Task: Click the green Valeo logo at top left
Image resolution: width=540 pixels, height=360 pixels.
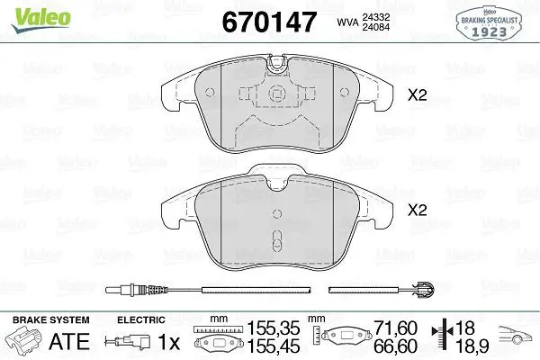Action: (40, 20)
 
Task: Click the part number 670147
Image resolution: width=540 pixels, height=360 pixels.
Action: (269, 22)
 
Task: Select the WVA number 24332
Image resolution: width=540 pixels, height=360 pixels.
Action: (375, 17)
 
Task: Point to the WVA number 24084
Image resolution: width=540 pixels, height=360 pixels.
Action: (375, 27)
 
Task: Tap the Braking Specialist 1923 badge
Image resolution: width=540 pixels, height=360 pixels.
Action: (489, 23)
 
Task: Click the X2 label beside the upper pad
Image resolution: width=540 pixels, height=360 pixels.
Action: (417, 95)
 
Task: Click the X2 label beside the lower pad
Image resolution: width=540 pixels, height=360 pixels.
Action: (417, 210)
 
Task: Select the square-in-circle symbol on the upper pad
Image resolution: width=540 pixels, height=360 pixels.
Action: (277, 94)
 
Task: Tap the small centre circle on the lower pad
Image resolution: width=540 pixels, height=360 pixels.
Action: (277, 213)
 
